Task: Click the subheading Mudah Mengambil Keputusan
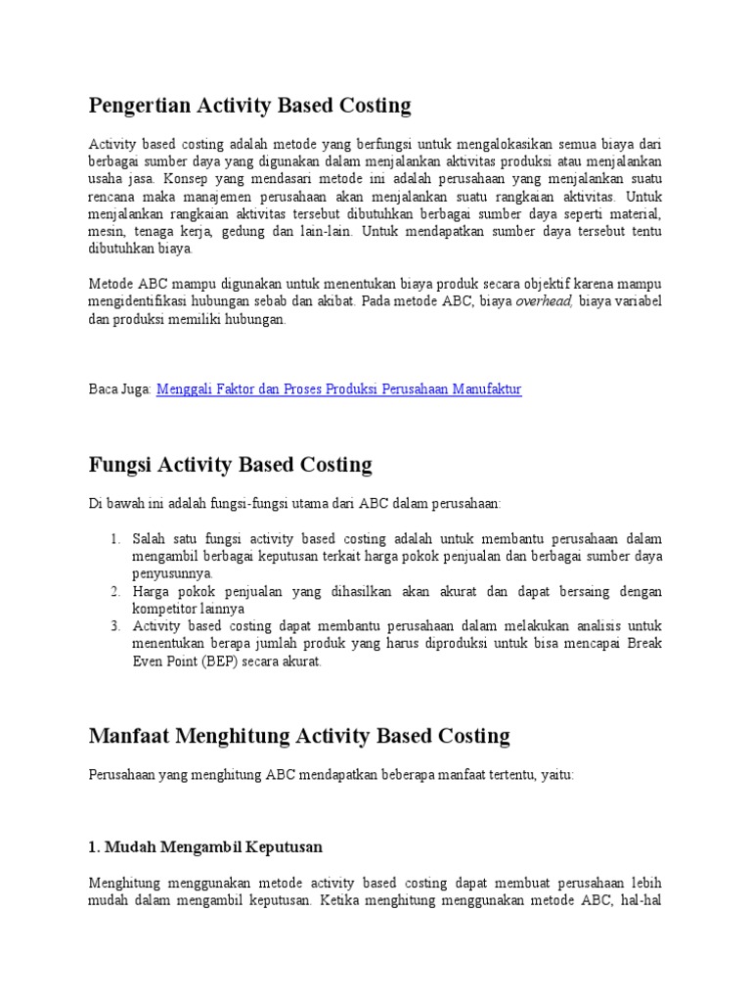tap(205, 845)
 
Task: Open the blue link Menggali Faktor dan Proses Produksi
tap(338, 389)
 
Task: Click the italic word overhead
tap(544, 302)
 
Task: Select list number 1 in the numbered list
tap(114, 539)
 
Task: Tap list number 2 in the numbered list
tap(114, 592)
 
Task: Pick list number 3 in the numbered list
tap(114, 626)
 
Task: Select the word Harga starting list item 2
tap(152, 592)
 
